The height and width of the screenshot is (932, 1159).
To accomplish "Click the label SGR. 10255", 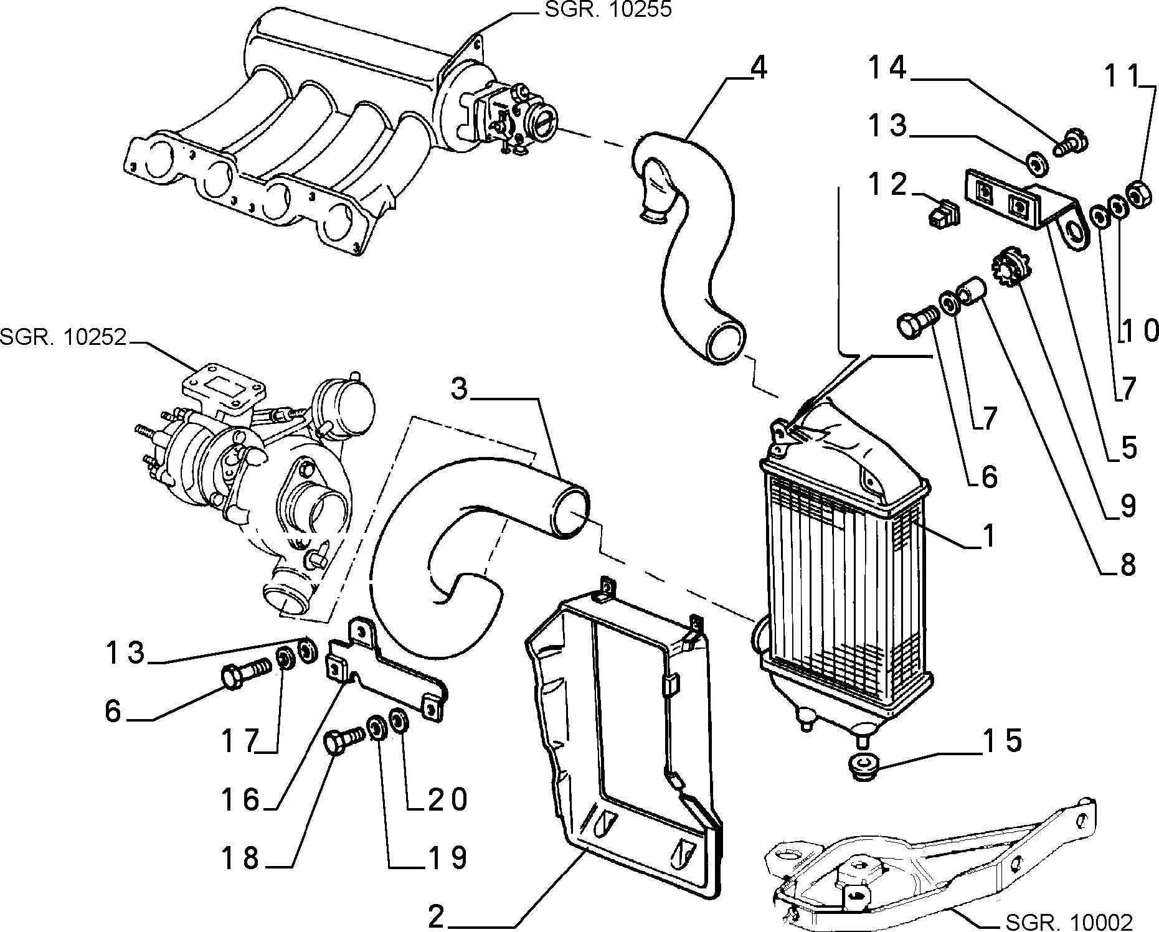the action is (x=608, y=10).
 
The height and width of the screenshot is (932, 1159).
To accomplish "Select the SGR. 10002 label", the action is (x=1069, y=921).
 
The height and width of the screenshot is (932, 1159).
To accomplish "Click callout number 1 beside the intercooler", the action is (x=988, y=535).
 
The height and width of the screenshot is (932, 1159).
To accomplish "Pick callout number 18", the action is (x=241, y=858).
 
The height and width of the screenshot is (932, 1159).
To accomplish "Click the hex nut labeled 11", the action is (x=1138, y=195).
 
